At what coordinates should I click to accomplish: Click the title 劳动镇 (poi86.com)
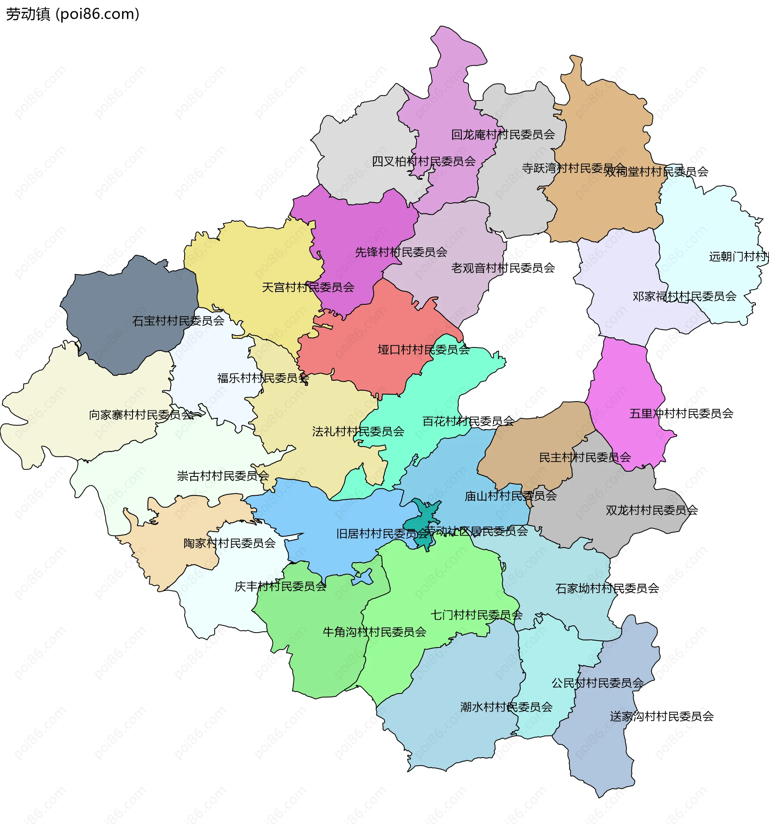pyautogui.click(x=72, y=14)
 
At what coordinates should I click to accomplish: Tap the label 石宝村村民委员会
pyautogui.click(x=178, y=321)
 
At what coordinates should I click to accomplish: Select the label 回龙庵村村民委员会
pyautogui.click(x=503, y=135)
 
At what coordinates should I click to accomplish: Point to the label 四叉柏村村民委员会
pyautogui.click(x=423, y=162)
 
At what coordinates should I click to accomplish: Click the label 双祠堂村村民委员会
pyautogui.click(x=656, y=172)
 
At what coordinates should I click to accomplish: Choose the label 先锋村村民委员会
pyautogui.click(x=401, y=252)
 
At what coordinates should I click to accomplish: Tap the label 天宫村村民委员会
pyautogui.click(x=308, y=287)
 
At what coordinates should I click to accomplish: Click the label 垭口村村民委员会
pyautogui.click(x=423, y=350)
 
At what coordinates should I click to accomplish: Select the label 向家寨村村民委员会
pyautogui.click(x=141, y=415)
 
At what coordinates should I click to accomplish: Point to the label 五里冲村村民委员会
pyautogui.click(x=681, y=414)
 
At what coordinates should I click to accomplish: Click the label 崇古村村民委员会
pyautogui.click(x=223, y=476)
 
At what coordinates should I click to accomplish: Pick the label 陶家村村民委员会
pyautogui.click(x=229, y=543)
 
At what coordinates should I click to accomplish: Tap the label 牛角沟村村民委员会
pyautogui.click(x=374, y=632)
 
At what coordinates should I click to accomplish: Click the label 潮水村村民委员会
pyautogui.click(x=506, y=707)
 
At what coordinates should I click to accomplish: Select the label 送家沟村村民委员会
pyautogui.click(x=662, y=716)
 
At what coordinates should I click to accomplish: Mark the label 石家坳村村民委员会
pyautogui.click(x=607, y=589)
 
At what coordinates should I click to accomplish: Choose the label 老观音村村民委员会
pyautogui.click(x=503, y=268)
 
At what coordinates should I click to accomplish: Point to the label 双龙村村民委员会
pyautogui.click(x=652, y=510)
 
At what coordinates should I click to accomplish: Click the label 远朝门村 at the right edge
pyautogui.click(x=738, y=257)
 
